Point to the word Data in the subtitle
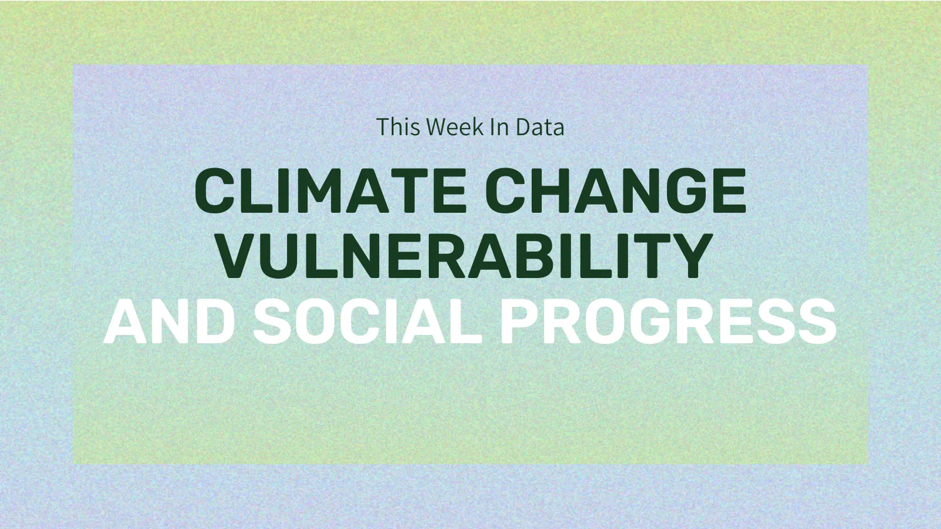(x=540, y=127)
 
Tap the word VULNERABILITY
(x=465, y=256)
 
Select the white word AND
(x=169, y=321)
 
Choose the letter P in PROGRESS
(x=519, y=321)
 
